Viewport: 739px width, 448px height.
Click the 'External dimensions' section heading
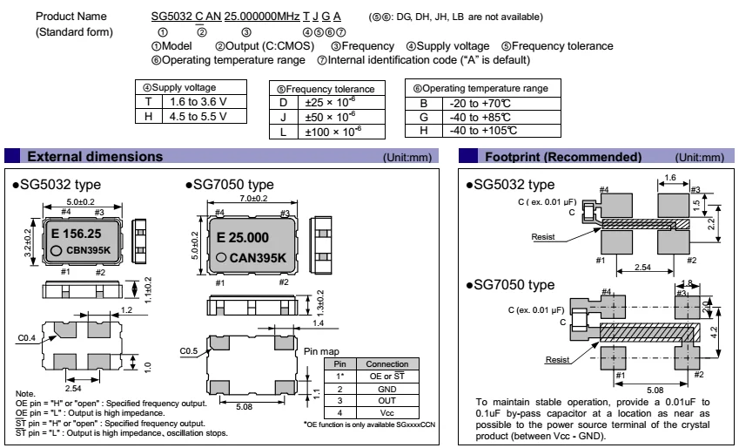pyautogui.click(x=94, y=157)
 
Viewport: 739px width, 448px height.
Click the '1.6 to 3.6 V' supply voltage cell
pyautogui.click(x=192, y=100)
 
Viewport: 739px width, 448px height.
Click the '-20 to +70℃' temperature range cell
pyautogui.click(x=491, y=101)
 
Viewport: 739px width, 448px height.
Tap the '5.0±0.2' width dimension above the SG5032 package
pyautogui.click(x=83, y=202)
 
